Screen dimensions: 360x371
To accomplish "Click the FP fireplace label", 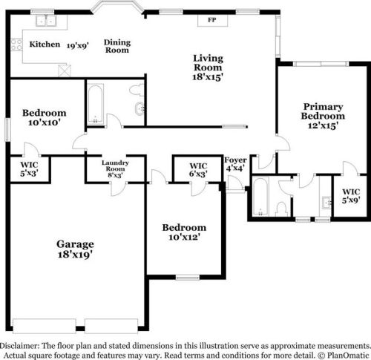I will pos(211,19).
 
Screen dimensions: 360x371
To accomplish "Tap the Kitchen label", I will pos(45,45).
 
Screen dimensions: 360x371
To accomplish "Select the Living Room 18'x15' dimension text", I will pos(209,76).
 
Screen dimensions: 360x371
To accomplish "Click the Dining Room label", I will pos(116,46).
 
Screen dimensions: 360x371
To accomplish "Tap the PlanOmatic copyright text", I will pos(344,355).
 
